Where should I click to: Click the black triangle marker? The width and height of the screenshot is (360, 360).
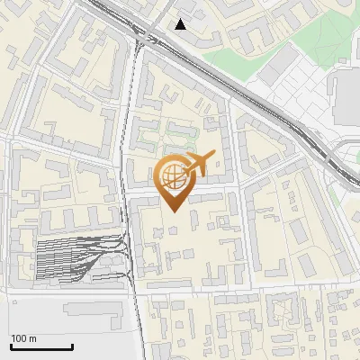[x=181, y=24]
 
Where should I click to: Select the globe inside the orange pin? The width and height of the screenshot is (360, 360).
[x=173, y=177]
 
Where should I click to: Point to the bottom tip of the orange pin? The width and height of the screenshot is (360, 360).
[x=175, y=211]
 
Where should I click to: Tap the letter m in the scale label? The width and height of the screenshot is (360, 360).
[x=33, y=338]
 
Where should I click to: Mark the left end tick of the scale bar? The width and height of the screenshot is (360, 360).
[x=10, y=346]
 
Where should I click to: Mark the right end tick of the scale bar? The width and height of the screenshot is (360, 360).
[x=72, y=346]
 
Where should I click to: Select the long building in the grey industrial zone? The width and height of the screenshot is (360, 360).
[x=94, y=310]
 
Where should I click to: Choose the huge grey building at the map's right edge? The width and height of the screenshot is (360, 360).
[x=346, y=99]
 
